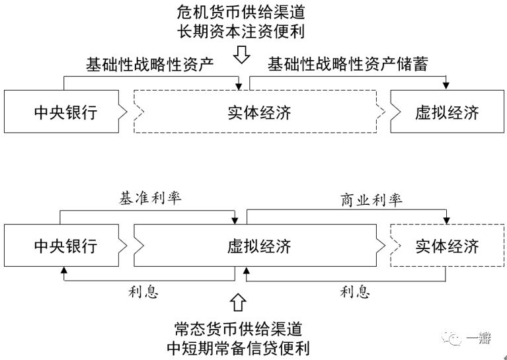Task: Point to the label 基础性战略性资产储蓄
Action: tap(348, 64)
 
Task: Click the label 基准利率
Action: tap(149, 198)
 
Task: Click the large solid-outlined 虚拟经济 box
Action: tap(254, 246)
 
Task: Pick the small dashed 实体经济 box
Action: tap(447, 246)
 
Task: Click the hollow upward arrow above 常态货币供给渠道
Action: tap(239, 303)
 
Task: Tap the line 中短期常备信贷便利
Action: tap(239, 347)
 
